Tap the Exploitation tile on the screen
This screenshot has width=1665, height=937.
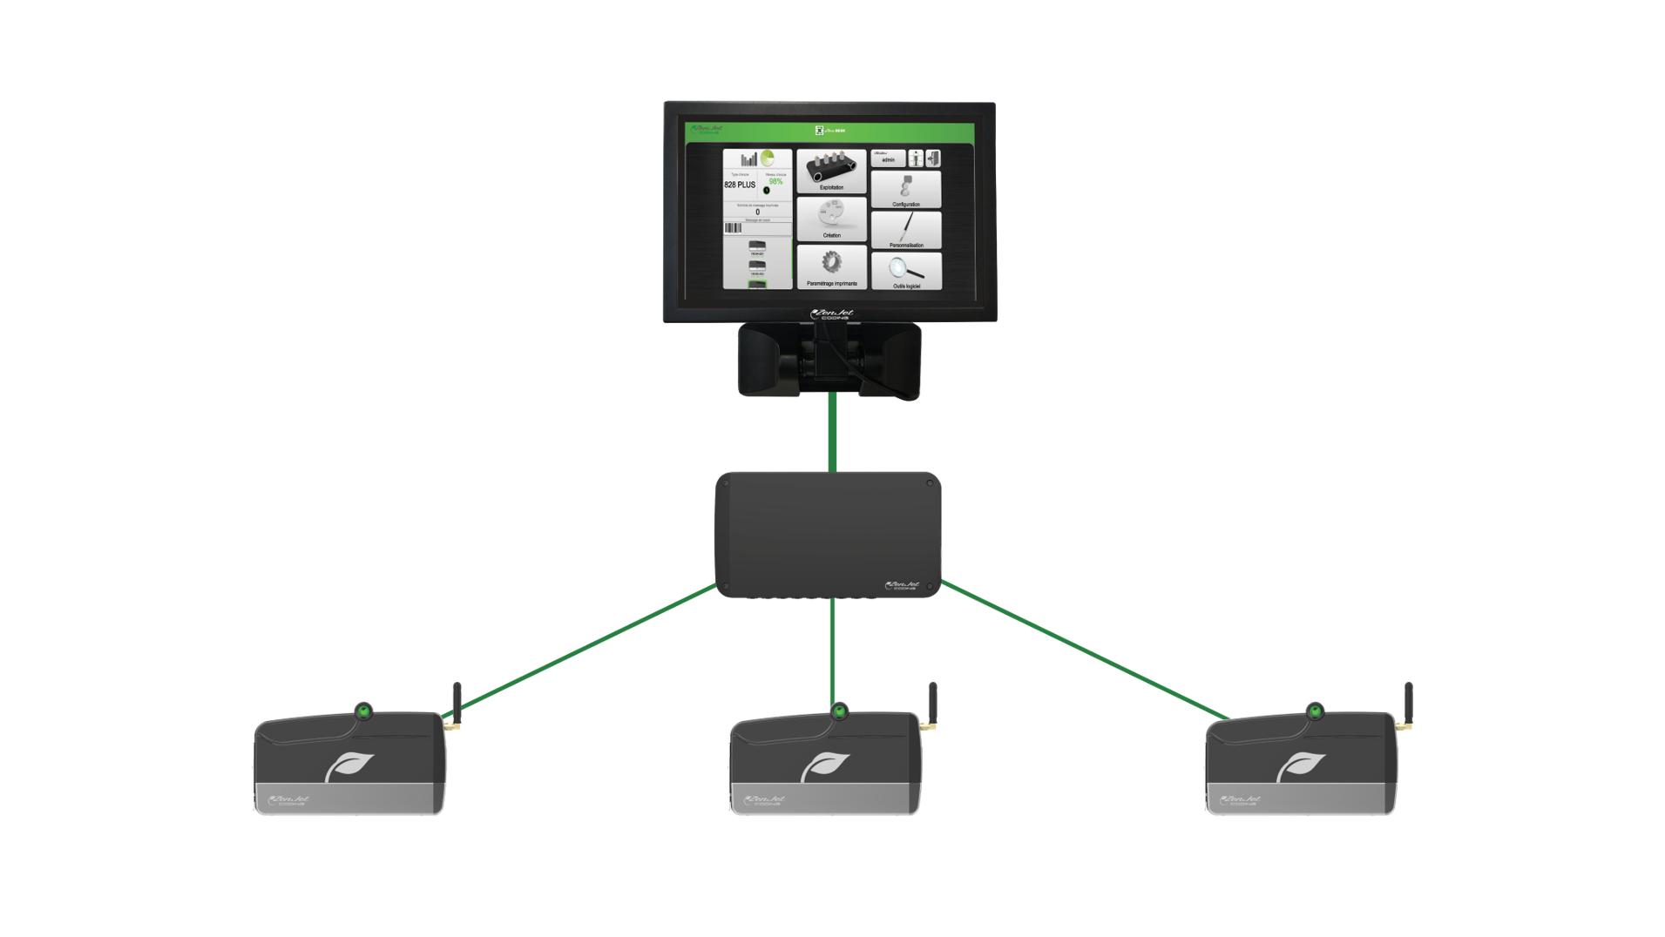[x=831, y=171]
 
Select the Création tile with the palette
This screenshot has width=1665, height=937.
[x=831, y=219]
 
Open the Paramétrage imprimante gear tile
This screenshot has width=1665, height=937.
[x=831, y=266]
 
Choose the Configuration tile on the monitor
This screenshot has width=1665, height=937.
[x=906, y=189]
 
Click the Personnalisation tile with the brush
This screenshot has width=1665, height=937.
[x=906, y=230]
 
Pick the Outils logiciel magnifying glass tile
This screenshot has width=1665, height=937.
[x=906, y=271]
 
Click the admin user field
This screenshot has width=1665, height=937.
[x=888, y=159]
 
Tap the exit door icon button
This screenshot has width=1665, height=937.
[x=932, y=158]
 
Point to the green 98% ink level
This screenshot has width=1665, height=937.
[x=775, y=181]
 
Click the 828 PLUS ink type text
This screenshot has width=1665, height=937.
[x=740, y=185]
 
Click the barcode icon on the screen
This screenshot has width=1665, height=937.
[x=733, y=228]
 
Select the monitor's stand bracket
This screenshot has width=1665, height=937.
[x=829, y=360]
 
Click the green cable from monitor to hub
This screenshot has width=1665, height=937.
[x=833, y=433]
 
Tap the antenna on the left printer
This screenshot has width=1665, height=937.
[x=455, y=701]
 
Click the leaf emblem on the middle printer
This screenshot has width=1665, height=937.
[x=824, y=767]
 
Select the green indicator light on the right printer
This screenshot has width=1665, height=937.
[x=1314, y=711]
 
